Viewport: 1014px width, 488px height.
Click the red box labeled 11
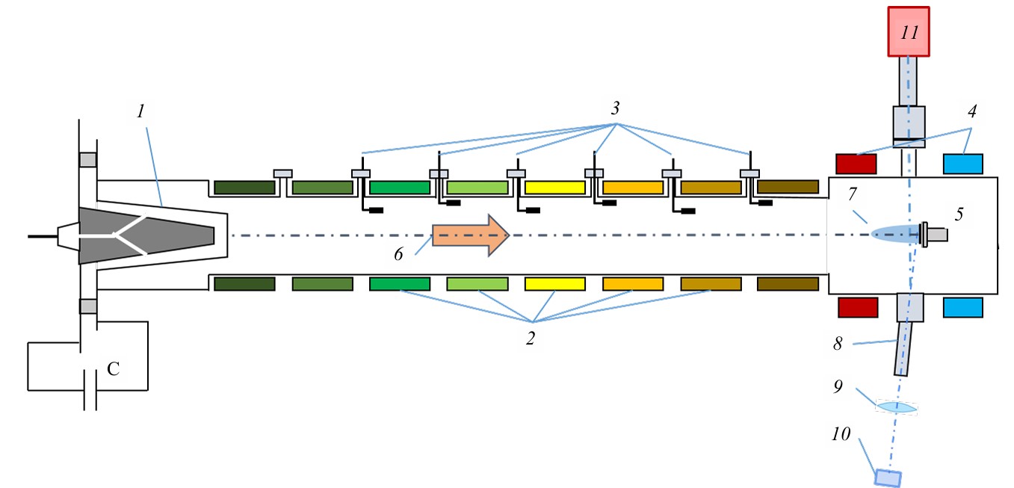(909, 31)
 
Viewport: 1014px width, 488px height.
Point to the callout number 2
(530, 339)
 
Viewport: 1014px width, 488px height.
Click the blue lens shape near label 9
(895, 407)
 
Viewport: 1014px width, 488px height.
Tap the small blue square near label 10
(888, 477)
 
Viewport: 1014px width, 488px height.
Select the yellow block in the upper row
(555, 187)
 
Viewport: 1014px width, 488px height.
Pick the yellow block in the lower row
(555, 284)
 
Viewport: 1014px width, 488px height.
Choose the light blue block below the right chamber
(963, 307)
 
